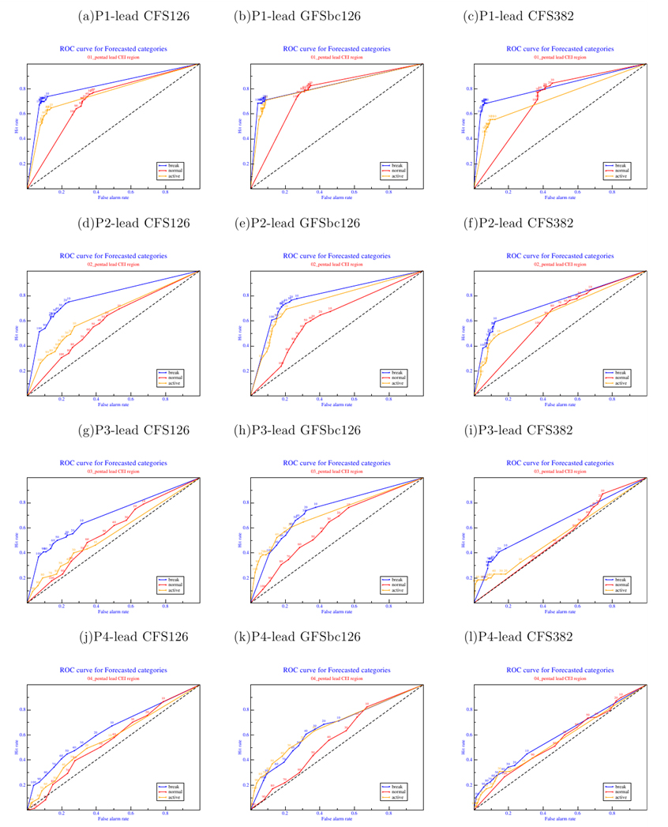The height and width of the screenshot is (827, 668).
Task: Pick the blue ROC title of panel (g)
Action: coord(114,463)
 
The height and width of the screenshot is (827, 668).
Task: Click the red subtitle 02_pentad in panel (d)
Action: coord(114,265)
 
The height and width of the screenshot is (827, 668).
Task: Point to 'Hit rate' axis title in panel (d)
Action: coord(16,332)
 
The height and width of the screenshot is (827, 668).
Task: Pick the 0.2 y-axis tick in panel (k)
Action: coord(245,785)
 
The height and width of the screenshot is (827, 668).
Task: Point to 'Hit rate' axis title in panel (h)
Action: coord(239,539)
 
